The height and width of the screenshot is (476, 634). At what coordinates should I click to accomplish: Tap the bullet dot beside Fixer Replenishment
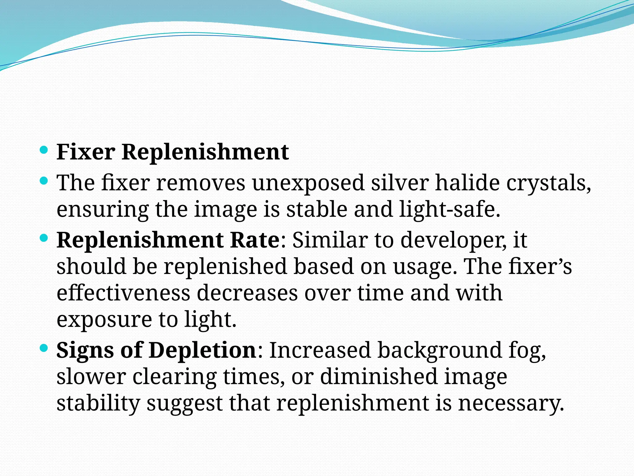[44, 150]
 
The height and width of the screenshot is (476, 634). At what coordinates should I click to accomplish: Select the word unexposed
[308, 183]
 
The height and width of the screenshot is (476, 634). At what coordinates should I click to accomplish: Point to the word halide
[467, 183]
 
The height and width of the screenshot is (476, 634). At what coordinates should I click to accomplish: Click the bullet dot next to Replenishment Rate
[44, 238]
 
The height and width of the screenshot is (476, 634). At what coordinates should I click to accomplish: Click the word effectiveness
[124, 293]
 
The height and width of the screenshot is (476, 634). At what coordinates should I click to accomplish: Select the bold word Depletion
[202, 350]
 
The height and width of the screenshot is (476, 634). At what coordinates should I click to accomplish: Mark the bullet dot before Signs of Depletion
[44, 348]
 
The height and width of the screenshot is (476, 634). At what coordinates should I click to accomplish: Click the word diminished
[379, 377]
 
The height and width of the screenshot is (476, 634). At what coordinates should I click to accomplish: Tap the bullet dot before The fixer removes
[44, 181]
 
